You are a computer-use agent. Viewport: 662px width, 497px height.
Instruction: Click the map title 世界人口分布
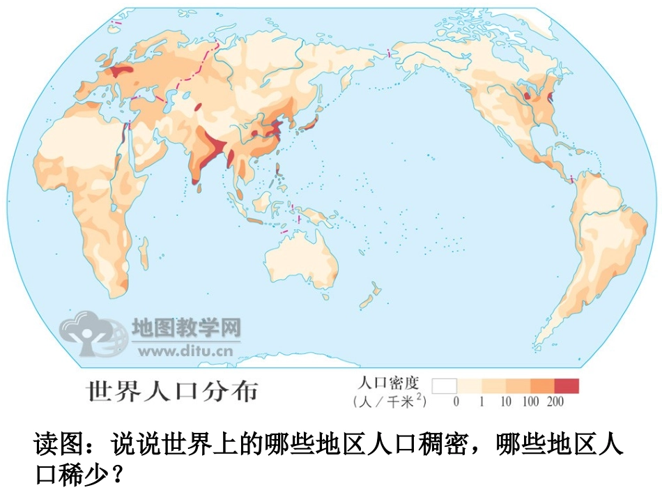(171, 391)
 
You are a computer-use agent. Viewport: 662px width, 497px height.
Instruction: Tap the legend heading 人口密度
(388, 383)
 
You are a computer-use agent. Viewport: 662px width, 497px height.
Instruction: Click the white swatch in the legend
(444, 385)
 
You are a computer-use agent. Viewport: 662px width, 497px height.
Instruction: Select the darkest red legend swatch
(567, 385)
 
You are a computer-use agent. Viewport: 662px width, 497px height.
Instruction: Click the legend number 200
(555, 402)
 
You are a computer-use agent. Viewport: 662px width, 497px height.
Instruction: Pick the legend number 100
(531, 402)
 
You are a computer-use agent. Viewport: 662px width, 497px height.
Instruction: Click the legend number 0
(456, 402)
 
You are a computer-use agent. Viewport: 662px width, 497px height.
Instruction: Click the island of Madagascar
(144, 254)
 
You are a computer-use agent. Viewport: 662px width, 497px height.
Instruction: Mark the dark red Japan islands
(309, 125)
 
